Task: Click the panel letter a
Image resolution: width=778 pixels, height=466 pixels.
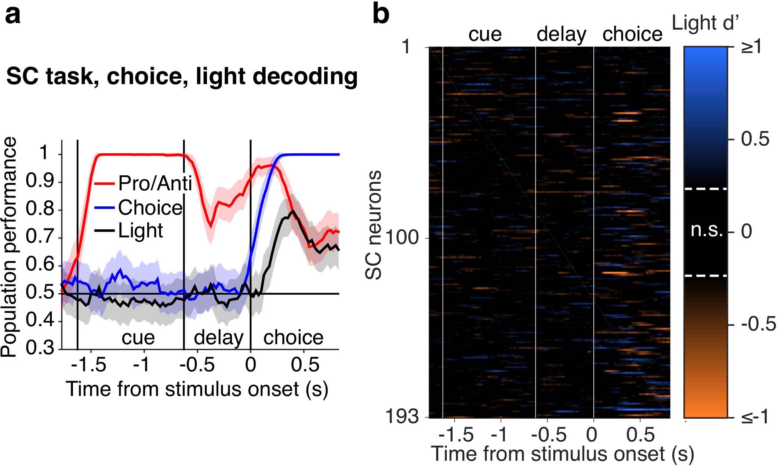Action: coord(12,15)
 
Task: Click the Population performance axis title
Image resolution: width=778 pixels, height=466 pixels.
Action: coord(9,247)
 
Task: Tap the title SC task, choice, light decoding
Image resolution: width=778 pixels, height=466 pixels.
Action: coord(182,76)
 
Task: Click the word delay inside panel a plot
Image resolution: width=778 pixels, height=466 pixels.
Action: coord(218,337)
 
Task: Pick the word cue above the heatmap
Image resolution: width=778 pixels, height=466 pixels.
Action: coord(485,34)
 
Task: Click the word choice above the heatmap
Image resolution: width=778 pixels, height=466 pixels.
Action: coord(632,34)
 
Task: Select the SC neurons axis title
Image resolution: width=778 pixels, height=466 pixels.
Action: coord(374,225)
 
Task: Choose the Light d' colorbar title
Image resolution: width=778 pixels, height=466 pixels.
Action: coord(705,23)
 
